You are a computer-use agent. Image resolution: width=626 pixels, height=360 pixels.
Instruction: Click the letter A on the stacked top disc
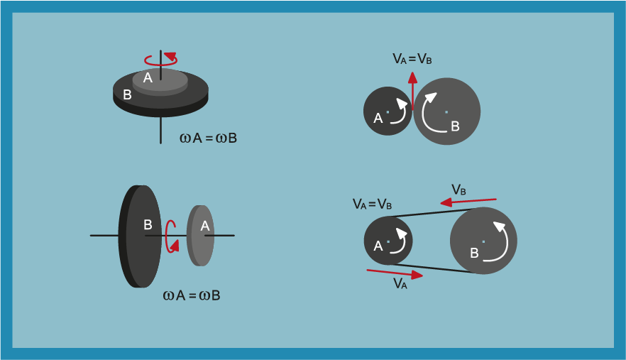148,77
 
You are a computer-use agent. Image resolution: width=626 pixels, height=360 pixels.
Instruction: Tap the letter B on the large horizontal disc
127,94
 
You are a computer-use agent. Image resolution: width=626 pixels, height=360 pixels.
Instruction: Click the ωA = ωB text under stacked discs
208,138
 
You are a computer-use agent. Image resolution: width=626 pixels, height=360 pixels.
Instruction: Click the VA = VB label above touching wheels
412,59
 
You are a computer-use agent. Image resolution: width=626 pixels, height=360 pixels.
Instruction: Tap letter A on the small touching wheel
378,119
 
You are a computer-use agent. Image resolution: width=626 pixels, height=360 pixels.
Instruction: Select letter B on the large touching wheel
455,126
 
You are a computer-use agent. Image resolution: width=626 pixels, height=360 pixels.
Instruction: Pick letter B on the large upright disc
148,224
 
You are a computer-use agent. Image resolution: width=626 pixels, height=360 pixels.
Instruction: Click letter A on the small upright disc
204,226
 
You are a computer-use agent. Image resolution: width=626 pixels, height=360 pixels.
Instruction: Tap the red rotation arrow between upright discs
170,236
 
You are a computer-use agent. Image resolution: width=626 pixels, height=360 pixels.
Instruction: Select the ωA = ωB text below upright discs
192,295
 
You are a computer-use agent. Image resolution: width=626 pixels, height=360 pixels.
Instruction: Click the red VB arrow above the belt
468,202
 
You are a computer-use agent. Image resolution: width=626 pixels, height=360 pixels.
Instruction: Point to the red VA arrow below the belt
395,273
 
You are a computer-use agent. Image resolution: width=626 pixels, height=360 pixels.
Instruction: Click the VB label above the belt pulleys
459,190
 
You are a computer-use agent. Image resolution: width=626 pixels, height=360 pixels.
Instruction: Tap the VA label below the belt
400,284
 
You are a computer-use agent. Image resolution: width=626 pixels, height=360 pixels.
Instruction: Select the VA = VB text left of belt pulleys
372,204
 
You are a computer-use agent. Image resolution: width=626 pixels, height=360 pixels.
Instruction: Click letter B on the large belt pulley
474,252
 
